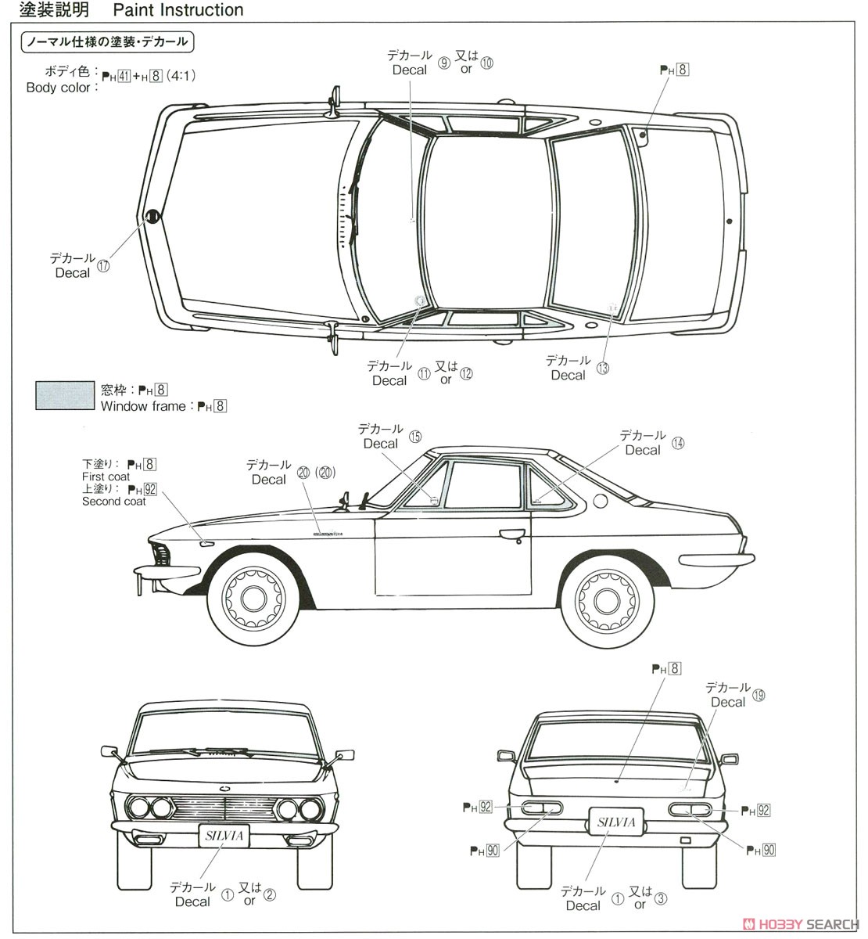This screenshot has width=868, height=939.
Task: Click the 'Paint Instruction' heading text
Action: click(178, 10)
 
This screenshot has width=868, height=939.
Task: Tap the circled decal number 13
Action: click(602, 368)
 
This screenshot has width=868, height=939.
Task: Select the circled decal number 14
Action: click(677, 442)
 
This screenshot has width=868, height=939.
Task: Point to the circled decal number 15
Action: click(415, 436)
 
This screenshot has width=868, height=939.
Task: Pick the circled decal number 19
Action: click(759, 694)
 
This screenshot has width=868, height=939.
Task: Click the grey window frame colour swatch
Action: click(65, 395)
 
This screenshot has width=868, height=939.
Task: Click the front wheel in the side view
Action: click(253, 599)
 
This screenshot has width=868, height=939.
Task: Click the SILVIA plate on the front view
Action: click(224, 836)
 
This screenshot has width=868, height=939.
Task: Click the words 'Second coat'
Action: click(114, 502)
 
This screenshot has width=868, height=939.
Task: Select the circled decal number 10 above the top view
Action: click(487, 63)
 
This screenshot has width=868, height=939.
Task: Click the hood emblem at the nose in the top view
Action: click(152, 217)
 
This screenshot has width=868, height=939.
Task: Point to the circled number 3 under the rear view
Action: click(661, 899)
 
